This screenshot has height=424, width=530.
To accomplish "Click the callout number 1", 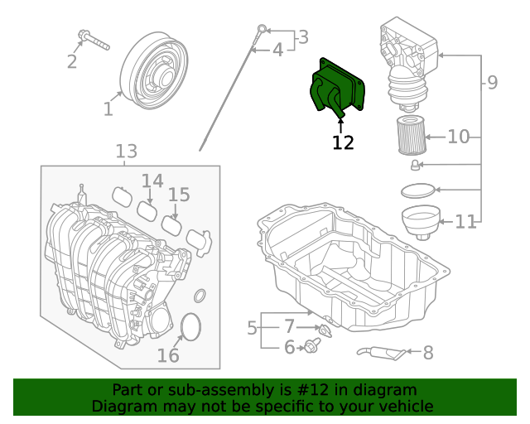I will pyautogui.click(x=108, y=108).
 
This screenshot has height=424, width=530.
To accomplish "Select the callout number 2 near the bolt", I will pyautogui.click(x=72, y=61).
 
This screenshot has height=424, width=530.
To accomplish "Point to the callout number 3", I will pyautogui.click(x=302, y=37).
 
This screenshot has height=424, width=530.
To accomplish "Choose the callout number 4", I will pyautogui.click(x=277, y=50).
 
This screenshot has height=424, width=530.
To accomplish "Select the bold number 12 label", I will pyautogui.click(x=343, y=142).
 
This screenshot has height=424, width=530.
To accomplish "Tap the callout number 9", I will pyautogui.click(x=492, y=83).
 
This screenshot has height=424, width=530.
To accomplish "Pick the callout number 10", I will pyautogui.click(x=458, y=136).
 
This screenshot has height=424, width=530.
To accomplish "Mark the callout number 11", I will pyautogui.click(x=466, y=222).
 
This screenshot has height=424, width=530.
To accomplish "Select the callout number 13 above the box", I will pyautogui.click(x=126, y=152).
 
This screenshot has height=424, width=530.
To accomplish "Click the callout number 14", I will pyautogui.click(x=152, y=181).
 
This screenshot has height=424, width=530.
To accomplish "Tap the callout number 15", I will pyautogui.click(x=179, y=195).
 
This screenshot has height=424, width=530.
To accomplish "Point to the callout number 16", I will pyautogui.click(x=168, y=355).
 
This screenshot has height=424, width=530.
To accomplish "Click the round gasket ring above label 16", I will pyautogui.click(x=190, y=326).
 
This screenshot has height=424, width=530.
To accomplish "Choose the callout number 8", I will pyautogui.click(x=428, y=354).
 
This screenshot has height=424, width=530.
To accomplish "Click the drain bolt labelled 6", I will pyautogui.click(x=312, y=345).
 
